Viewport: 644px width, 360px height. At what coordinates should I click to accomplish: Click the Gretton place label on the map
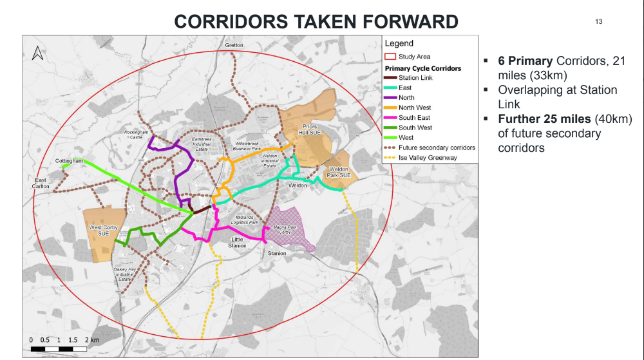(234, 45)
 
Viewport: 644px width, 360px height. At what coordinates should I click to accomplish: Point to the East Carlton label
(42, 183)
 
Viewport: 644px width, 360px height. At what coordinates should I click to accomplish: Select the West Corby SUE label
(104, 231)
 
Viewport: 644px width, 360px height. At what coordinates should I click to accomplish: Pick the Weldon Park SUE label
(339, 172)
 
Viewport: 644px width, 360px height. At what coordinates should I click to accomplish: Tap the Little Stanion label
(236, 243)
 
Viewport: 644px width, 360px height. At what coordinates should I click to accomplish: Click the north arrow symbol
(38, 53)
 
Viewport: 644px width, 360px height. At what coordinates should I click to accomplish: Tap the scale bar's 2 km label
(94, 339)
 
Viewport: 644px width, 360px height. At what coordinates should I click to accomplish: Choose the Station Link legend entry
(415, 78)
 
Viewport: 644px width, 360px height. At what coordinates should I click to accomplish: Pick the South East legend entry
(414, 118)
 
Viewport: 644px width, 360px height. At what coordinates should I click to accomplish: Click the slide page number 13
(598, 21)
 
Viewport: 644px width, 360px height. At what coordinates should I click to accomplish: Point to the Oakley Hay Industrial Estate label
(124, 274)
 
